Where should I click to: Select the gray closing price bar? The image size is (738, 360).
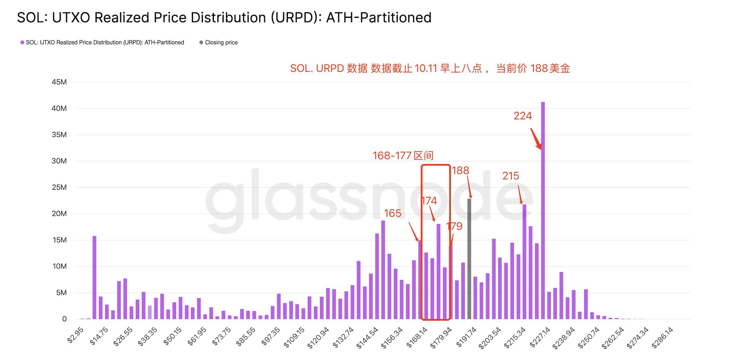coord(469,258)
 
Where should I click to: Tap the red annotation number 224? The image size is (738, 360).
coord(523,116)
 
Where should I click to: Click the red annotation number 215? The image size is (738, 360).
coord(510,176)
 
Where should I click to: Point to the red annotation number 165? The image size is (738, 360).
coord(392,213)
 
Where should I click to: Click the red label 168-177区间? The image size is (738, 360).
coord(403,156)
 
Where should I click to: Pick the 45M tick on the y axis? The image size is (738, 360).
coord(59,82)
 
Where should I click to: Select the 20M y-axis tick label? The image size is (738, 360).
coord(59,214)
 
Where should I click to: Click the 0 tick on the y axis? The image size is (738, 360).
coord(64,319)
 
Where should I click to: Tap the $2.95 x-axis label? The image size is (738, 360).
coord(75,335)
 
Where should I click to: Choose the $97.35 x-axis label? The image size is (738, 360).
coord(270,336)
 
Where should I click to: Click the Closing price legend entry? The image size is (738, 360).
coord(221,42)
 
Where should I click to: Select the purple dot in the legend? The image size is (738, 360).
coord(22,42)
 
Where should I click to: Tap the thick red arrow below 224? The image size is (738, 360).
coord(536,139)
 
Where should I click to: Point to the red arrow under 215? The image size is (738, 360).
coord(520,195)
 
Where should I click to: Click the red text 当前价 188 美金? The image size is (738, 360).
coord(533,69)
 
